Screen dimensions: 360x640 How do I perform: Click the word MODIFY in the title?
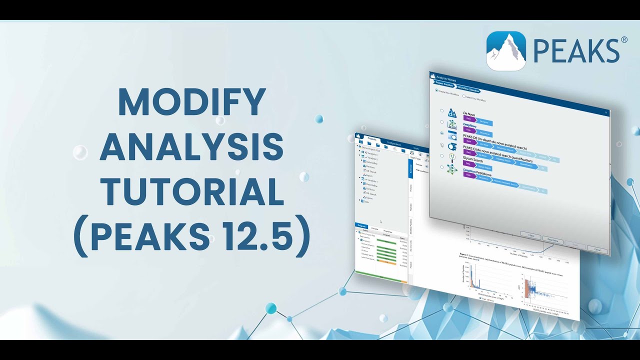click(x=191, y=102)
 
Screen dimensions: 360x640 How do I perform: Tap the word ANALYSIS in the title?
click(x=191, y=147)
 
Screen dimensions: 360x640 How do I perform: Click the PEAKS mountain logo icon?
click(x=506, y=51)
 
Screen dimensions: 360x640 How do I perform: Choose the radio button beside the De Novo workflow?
click(x=441, y=110)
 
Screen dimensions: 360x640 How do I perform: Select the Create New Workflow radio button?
click(x=436, y=90)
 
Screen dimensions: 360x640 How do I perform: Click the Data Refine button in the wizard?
click(x=552, y=241)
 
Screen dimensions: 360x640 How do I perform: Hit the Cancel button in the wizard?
click(x=597, y=248)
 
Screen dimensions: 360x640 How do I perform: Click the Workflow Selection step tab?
click(x=468, y=89)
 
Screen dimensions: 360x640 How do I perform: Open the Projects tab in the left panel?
click(x=371, y=138)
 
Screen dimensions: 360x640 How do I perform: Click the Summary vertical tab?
click(x=411, y=169)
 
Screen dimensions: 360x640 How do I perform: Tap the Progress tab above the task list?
click(x=361, y=226)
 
